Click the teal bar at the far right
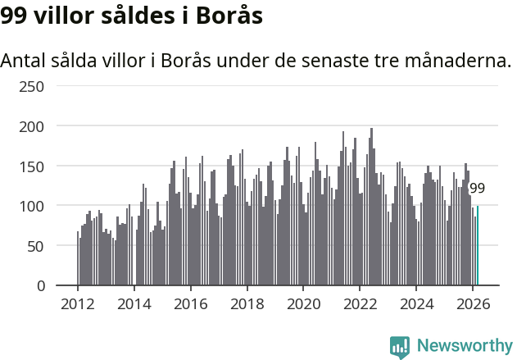click(x=478, y=246)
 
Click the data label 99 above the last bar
click(x=477, y=188)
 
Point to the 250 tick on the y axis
click(x=55, y=86)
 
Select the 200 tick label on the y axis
click(x=55, y=126)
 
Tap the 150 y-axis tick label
click(x=55, y=166)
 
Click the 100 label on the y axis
click(x=55, y=206)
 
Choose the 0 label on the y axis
click(x=63, y=285)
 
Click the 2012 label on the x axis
click(x=78, y=303)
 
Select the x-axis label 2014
click(x=134, y=303)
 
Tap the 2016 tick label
click(x=191, y=303)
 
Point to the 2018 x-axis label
click(x=247, y=303)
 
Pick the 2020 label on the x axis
click(x=303, y=303)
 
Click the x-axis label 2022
click(x=360, y=303)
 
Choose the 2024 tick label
click(x=416, y=303)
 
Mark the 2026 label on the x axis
click(x=473, y=303)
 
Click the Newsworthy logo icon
click(x=400, y=347)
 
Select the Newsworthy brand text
click(x=464, y=347)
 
